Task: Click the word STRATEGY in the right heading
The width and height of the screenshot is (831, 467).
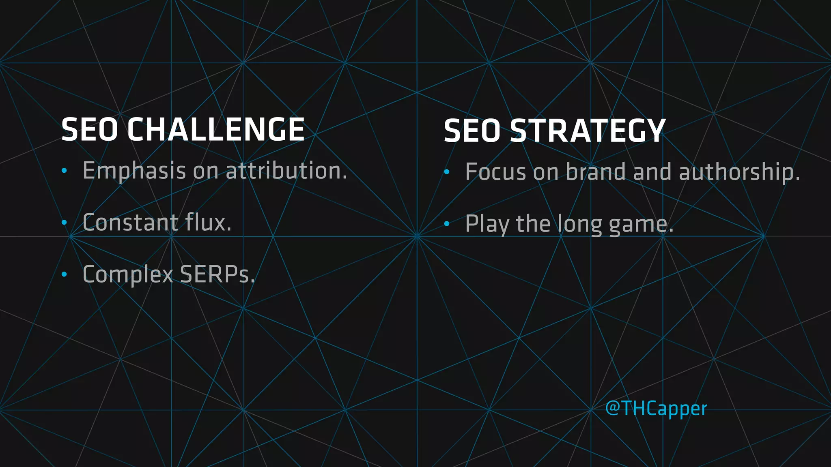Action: [588, 131]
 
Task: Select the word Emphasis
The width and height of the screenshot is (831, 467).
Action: [134, 171]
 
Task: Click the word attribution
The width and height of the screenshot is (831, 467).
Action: [286, 170]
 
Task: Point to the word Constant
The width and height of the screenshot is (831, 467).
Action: [130, 223]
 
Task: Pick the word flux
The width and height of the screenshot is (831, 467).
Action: [208, 223]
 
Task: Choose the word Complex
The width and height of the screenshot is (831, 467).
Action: [128, 275]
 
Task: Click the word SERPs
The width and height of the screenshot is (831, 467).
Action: [217, 274]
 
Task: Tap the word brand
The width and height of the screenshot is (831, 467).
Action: [596, 172]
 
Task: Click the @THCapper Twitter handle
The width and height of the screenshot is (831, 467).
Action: [656, 408]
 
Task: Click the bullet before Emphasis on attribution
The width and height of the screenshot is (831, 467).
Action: [64, 171]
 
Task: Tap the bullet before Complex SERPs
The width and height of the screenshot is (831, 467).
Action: [64, 275]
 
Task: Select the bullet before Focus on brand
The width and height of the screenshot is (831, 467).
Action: [447, 172]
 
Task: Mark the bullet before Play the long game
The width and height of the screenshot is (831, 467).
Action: [447, 224]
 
